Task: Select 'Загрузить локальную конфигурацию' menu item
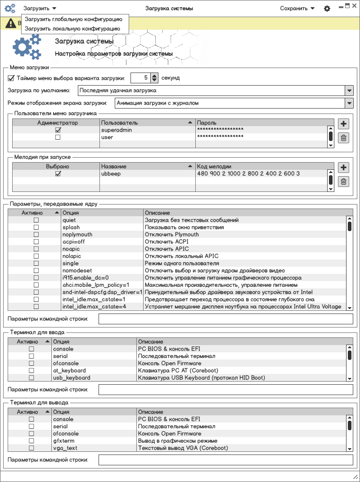point(72,28)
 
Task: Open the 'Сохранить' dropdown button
point(297,8)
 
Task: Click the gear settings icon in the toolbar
point(327,9)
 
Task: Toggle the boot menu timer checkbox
point(11,78)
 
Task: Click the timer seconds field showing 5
point(140,78)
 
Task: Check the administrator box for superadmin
point(58,130)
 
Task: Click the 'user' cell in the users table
point(107,137)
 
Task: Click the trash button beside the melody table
point(343,182)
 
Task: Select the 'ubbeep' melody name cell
point(111,174)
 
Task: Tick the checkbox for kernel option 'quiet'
point(36,220)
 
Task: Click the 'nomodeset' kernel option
point(77,271)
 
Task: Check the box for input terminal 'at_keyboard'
point(31,371)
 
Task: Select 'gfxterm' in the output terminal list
point(63,441)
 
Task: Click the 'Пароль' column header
point(207,123)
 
